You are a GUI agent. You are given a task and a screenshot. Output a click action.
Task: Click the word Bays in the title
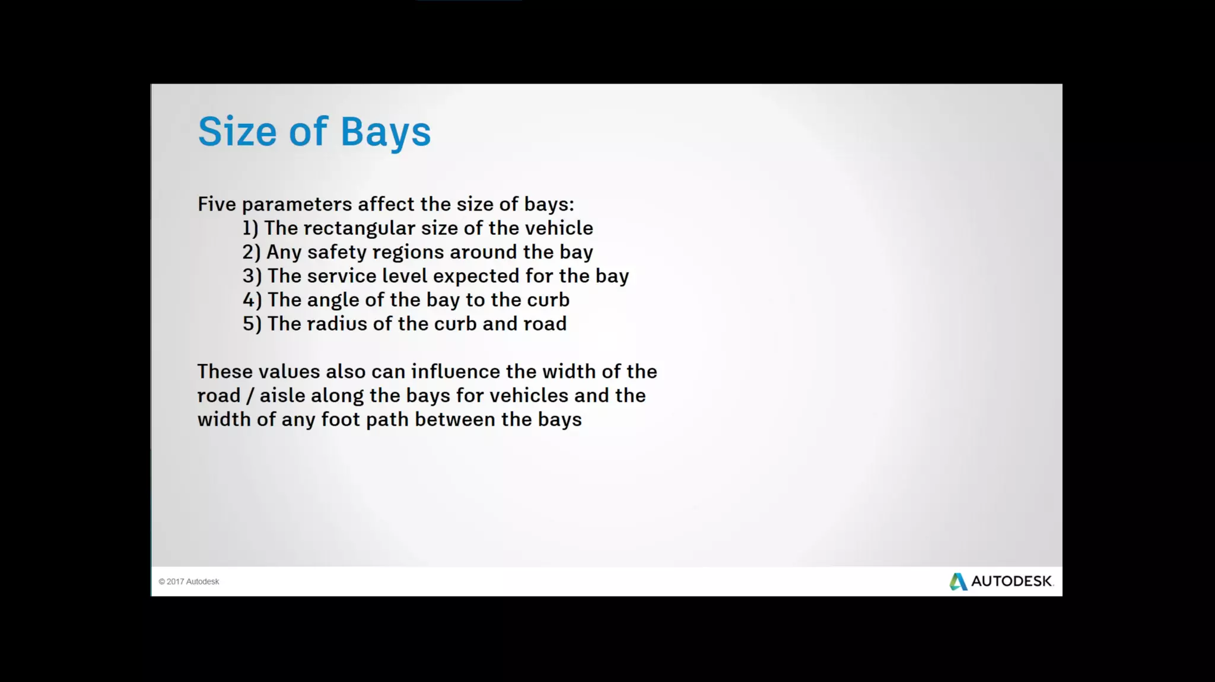point(386,132)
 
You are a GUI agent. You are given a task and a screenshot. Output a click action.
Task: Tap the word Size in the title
point(237,132)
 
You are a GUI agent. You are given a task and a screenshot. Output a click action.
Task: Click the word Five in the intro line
point(217,204)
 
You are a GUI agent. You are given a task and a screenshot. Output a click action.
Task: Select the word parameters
point(297,205)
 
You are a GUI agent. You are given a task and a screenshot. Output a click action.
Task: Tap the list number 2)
point(252,252)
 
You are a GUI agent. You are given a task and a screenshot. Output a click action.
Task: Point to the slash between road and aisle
point(250,396)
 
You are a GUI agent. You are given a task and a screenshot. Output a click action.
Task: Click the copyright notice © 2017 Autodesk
point(189,582)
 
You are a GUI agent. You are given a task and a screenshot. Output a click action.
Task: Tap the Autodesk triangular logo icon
point(958,581)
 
